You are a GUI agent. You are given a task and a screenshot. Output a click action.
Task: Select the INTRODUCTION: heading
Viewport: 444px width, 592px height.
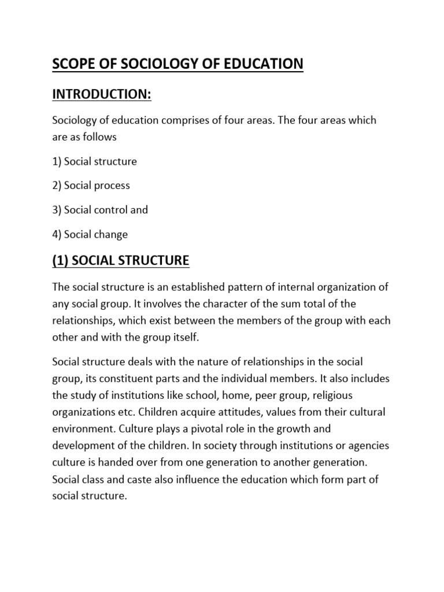tap(102, 94)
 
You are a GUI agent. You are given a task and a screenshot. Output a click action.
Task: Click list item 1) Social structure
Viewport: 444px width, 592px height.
tap(95, 161)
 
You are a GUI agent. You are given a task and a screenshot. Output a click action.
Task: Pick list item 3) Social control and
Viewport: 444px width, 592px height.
tap(100, 210)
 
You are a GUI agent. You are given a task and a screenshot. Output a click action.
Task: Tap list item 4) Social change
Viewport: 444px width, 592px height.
tap(90, 234)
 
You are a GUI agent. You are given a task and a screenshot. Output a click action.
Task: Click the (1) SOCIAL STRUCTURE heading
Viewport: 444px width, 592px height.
tap(121, 261)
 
